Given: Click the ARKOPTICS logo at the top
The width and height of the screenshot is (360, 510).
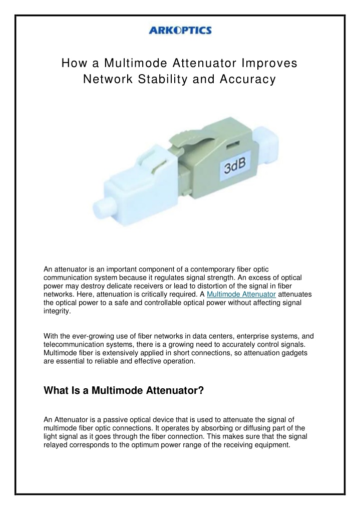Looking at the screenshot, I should pos(180,31).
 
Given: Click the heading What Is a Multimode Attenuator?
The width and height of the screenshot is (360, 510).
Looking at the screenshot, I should pos(124,391).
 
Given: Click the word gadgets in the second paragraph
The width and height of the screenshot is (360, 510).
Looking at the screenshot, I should pos(293,353).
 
